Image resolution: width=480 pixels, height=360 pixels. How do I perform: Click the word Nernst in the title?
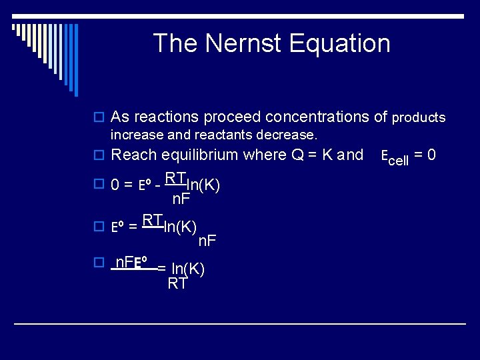(246, 43)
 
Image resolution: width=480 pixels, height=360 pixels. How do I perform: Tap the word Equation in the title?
(340, 43)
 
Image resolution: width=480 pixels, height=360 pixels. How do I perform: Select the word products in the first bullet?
(419, 118)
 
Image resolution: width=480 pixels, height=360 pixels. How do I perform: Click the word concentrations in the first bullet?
(317, 117)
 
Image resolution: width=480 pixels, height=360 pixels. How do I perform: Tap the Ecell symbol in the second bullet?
(394, 157)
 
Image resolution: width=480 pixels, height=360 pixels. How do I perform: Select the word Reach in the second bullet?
(133, 155)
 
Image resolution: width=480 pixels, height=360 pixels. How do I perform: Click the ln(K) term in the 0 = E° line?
(203, 184)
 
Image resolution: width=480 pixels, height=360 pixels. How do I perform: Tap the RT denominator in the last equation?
(177, 284)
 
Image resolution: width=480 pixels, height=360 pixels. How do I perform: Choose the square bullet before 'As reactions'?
(99, 118)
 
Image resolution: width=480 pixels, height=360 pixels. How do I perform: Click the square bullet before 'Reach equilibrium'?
(99, 156)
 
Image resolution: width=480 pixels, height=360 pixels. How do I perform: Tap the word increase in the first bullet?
(133, 135)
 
